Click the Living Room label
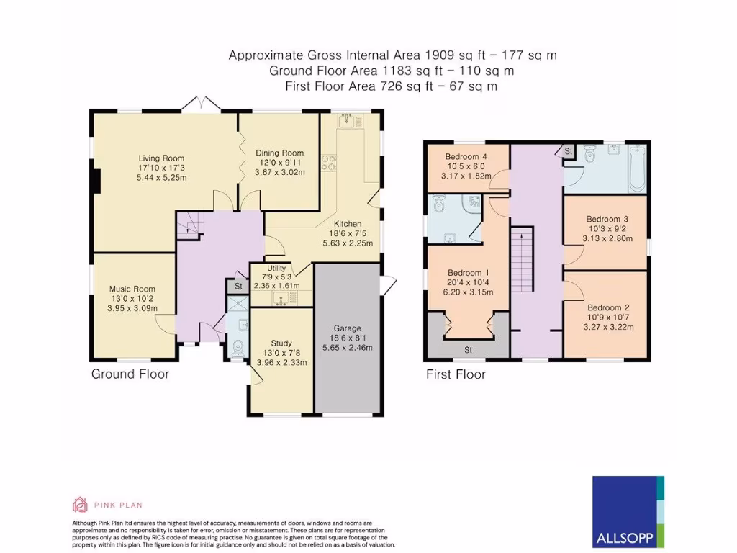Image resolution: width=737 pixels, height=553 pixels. click(x=161, y=158)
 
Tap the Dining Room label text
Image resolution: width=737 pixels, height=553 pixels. click(x=280, y=153)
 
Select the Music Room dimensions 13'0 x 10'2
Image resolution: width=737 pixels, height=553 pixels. click(x=132, y=299)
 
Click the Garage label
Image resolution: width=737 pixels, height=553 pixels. click(x=348, y=328)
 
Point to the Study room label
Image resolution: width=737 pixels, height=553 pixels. click(x=281, y=343)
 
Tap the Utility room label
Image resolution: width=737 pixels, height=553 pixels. click(x=276, y=268)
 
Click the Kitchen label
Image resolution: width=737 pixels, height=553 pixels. click(x=348, y=224)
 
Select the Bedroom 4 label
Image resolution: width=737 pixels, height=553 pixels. click(x=466, y=156)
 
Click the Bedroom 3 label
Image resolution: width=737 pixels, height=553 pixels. click(x=607, y=219)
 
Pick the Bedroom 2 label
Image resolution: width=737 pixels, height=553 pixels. click(x=608, y=307)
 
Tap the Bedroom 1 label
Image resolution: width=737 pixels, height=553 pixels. click(x=468, y=273)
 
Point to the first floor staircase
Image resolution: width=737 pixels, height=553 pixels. click(x=523, y=259)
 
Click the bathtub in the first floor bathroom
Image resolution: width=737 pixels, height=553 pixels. click(x=638, y=168)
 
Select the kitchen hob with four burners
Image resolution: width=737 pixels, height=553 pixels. click(x=328, y=163)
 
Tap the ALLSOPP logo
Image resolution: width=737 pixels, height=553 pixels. click(x=628, y=512)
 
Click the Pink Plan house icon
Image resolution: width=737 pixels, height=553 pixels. click(x=80, y=505)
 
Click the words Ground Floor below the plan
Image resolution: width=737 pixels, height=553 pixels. click(x=130, y=374)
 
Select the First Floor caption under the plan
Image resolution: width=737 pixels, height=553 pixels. click(x=456, y=374)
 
